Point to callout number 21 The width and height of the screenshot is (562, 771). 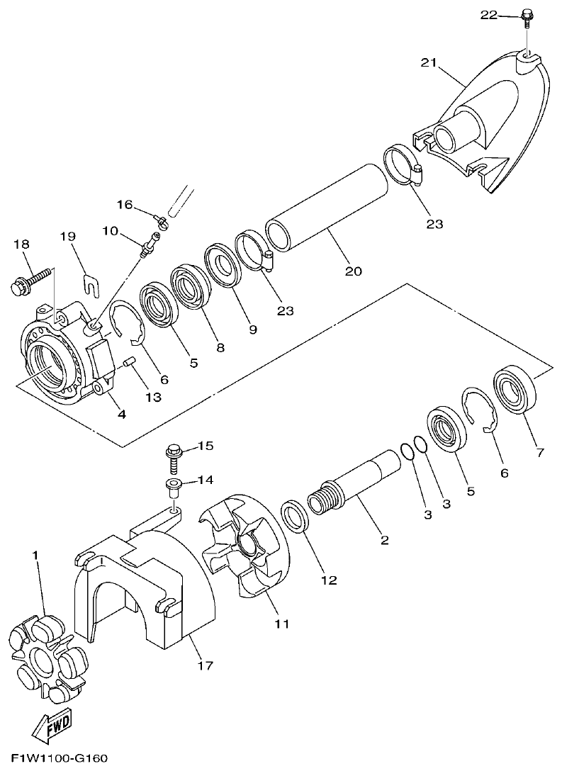[x=427, y=64]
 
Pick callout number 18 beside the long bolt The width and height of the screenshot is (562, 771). [x=21, y=244]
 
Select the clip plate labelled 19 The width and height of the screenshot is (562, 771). [x=89, y=283]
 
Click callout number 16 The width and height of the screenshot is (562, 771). [x=125, y=205]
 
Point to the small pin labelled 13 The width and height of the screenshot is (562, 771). [x=128, y=363]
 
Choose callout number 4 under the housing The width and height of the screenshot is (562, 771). [x=122, y=415]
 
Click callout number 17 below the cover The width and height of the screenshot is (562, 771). [x=206, y=665]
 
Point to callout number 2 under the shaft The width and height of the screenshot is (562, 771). [x=384, y=541]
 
